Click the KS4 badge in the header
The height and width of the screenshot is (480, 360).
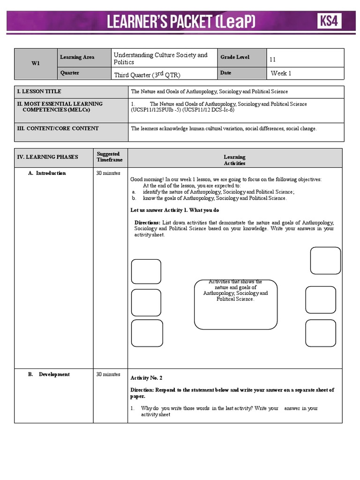tap(330, 21)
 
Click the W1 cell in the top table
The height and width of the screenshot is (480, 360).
tap(36, 64)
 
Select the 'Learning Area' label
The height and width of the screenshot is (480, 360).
tap(77, 57)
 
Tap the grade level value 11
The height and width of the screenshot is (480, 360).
tap(273, 60)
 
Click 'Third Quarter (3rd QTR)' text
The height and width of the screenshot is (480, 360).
tap(147, 75)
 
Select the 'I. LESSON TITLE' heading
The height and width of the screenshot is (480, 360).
tap(39, 91)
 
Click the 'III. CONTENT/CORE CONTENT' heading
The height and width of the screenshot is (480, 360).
tap(58, 128)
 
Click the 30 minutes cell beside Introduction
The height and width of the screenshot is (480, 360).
tap(108, 173)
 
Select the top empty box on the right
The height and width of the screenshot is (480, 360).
tap(325, 261)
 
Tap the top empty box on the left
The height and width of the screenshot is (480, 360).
tap(146, 271)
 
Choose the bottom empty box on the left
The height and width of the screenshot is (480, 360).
tap(147, 333)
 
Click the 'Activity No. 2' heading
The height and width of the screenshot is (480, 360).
tap(146, 378)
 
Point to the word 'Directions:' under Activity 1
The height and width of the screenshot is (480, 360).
tap(147, 223)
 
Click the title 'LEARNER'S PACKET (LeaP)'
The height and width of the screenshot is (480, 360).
tap(181, 22)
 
